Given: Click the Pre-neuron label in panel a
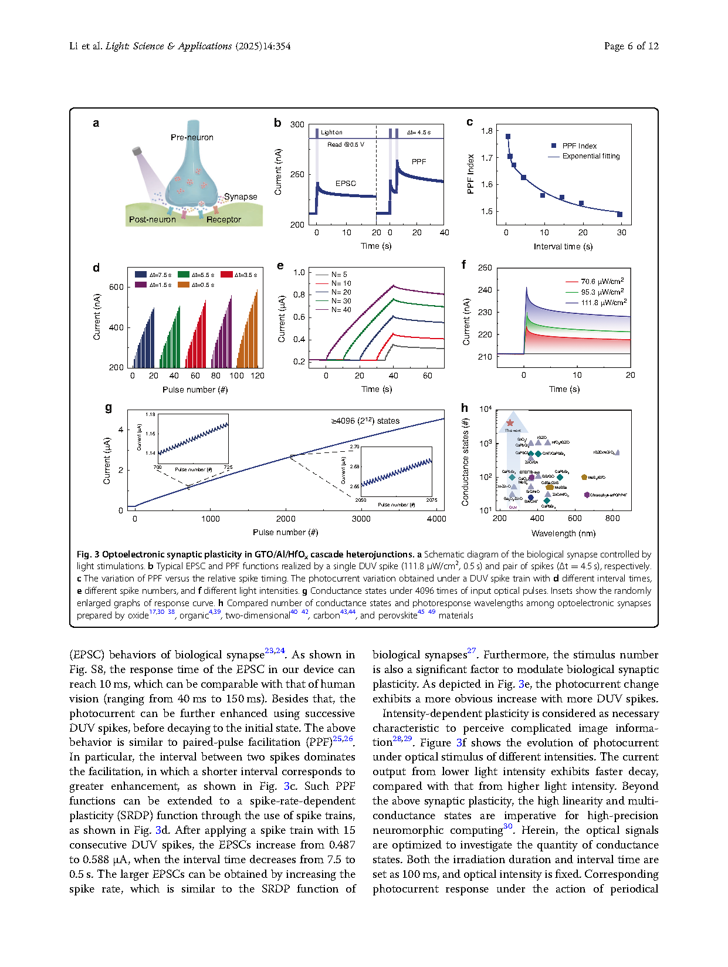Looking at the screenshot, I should pos(192,137).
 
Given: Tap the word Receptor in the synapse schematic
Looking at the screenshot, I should pos(224,219).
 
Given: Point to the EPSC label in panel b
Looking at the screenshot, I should pos(346,183).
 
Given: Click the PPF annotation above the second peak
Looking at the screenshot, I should pos(418,161).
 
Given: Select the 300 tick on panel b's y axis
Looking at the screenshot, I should pos(297,124).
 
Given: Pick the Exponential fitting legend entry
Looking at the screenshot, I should pos(591,156).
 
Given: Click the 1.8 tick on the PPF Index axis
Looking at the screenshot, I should pos(486,131).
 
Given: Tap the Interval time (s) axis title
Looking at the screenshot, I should pos(563,246).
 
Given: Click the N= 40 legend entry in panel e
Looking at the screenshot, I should pos(341,310).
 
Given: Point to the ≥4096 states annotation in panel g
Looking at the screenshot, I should pos(365,421).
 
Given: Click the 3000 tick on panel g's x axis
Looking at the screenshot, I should pos(361,519).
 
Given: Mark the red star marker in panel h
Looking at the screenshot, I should pos(510,422).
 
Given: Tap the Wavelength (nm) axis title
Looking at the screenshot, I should pos(563,533).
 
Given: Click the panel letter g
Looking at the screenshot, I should pos(108,407).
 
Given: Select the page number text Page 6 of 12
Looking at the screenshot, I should pos(631,46).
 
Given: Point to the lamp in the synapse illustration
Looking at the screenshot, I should pos(137,151).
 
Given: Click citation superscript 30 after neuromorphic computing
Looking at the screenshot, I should pos(508,827).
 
